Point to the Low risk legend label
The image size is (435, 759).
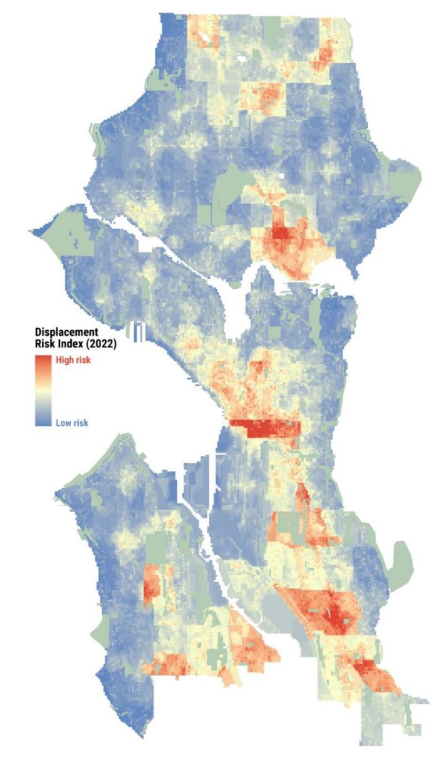click(72, 423)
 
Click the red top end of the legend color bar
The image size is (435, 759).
click(42, 361)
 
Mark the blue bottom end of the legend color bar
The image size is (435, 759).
click(42, 421)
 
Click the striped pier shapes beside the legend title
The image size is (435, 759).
click(139, 331)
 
